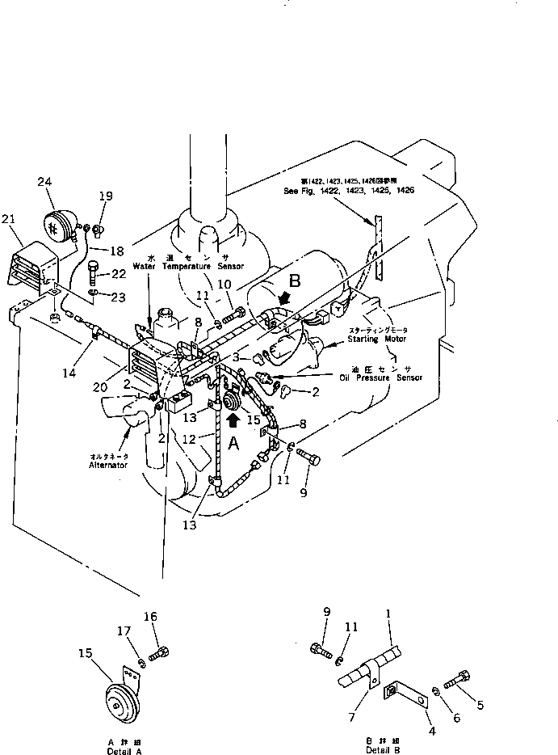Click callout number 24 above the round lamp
click(x=44, y=182)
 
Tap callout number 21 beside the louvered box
click(x=9, y=219)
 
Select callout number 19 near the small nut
click(x=107, y=196)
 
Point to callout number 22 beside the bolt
click(x=118, y=273)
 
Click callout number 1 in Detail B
click(x=389, y=614)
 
